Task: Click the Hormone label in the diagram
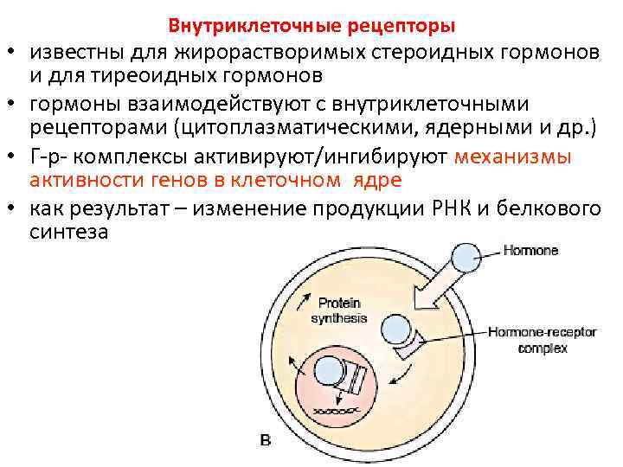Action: click(x=531, y=251)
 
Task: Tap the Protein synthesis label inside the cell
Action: click(x=338, y=310)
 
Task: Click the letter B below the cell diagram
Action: click(x=266, y=441)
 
